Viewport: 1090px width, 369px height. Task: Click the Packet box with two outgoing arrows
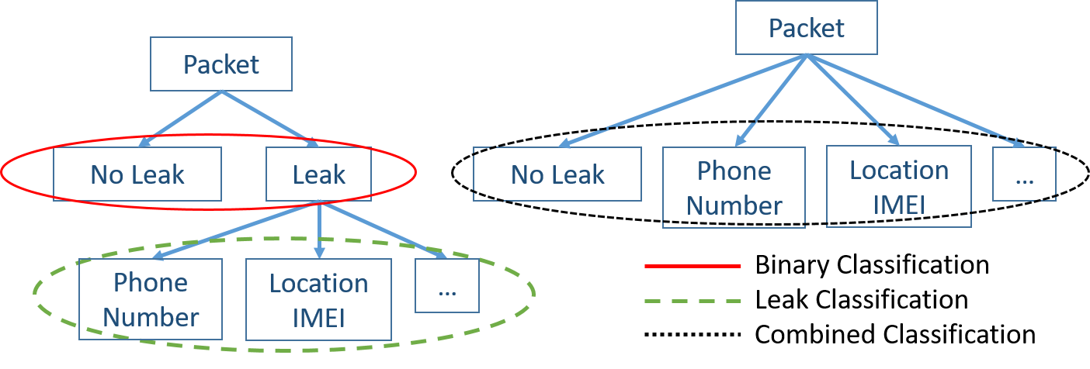pyautogui.click(x=221, y=64)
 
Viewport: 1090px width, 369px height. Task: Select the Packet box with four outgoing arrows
pyautogui.click(x=807, y=28)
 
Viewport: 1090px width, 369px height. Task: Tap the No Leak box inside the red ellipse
pyautogui.click(x=137, y=174)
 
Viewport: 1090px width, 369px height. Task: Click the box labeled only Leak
pyautogui.click(x=319, y=174)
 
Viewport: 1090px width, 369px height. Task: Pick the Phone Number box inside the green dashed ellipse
pyautogui.click(x=151, y=299)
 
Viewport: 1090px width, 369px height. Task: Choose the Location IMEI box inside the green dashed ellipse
pyautogui.click(x=318, y=299)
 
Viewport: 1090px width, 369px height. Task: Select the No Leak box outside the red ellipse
pyautogui.click(x=557, y=174)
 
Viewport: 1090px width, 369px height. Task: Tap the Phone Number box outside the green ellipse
pyautogui.click(x=734, y=188)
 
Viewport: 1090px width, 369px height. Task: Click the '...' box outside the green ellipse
pyautogui.click(x=1024, y=174)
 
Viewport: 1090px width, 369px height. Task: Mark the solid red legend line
pyautogui.click(x=693, y=266)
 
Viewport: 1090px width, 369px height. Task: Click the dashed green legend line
pyautogui.click(x=693, y=301)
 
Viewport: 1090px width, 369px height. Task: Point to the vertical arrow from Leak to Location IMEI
pyautogui.click(x=319, y=229)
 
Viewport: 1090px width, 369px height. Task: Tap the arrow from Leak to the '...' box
pyautogui.click(x=384, y=230)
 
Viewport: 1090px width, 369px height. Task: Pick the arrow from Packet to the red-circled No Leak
pyautogui.click(x=179, y=118)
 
